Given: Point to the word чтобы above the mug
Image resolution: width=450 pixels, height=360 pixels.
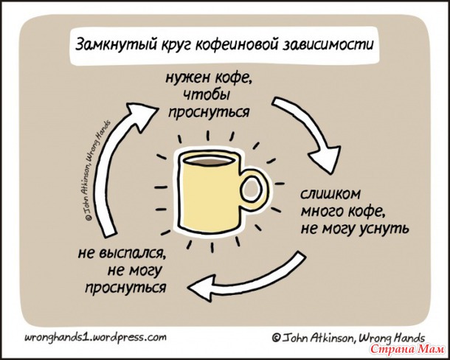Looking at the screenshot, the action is coord(207,94).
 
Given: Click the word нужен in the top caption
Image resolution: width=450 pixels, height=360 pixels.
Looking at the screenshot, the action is coord(186,77).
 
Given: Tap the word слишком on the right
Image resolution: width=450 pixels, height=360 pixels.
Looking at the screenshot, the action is coord(330,193).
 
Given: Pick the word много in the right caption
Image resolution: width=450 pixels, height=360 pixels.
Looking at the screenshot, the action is coord(322,211).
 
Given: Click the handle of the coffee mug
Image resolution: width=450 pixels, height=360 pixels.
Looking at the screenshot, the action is coord(254,189).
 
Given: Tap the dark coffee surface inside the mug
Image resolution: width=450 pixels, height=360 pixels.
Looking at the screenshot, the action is coord(209,161).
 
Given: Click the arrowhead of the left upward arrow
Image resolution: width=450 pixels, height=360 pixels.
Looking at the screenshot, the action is coord(141,111).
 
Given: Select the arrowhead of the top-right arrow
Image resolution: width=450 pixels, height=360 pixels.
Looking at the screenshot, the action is coord(326,160).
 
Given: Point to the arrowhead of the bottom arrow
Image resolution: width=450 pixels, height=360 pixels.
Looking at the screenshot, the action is coord(201,288).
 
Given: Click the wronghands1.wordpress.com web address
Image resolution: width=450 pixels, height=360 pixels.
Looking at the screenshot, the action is coord(95,336).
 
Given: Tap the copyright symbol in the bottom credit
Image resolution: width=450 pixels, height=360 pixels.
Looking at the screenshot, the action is coord(276,338).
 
